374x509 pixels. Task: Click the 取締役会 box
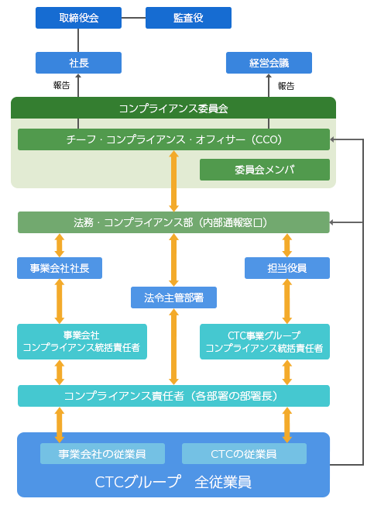coord(78,18)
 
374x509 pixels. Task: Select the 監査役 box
coord(188,18)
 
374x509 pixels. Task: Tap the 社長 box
coord(78,63)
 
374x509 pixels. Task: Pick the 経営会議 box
coord(269,63)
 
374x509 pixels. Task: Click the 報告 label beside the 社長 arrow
coord(62,85)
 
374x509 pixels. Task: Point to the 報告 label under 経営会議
coord(286,86)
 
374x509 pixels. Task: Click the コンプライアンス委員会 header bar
coord(173,108)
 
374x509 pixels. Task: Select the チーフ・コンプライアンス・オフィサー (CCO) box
coord(173,139)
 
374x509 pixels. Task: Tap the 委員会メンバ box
coord(264,170)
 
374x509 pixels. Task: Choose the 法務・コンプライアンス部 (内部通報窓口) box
coord(173,222)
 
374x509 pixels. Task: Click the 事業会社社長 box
coord(60,268)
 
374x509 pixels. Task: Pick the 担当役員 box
coord(287,268)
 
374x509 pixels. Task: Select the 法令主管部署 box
coord(173,297)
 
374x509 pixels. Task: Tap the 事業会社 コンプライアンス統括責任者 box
coord(81,342)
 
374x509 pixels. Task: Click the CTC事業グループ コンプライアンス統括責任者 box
coord(264,342)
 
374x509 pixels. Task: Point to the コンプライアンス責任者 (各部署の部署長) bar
coord(173,396)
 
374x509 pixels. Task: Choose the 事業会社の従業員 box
coord(102,454)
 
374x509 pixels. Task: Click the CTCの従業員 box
coord(244,454)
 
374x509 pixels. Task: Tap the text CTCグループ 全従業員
coord(173,481)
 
